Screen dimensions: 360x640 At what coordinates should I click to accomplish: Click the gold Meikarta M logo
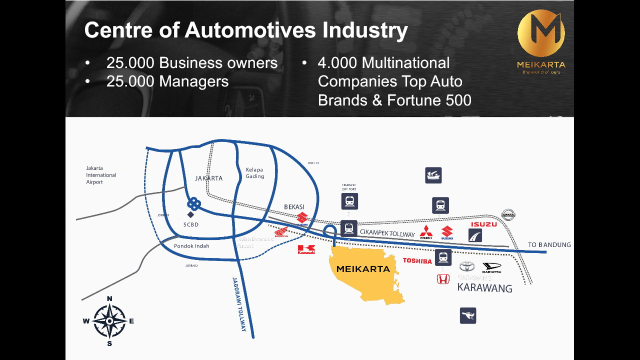coord(541,33)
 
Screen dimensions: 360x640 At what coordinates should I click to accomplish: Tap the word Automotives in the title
coord(250,30)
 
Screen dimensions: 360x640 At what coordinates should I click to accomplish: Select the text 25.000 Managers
coord(167,81)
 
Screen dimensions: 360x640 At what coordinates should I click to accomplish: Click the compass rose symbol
coord(109,321)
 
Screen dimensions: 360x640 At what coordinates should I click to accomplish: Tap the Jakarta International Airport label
coord(101,175)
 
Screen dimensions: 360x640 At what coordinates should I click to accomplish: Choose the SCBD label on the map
coord(191,224)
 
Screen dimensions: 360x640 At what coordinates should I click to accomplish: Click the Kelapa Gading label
coord(254,173)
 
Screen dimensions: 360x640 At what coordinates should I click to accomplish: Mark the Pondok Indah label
coord(191,246)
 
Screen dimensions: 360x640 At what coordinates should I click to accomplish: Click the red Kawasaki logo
coord(306,249)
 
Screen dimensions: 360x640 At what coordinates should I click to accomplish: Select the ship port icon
coord(433,175)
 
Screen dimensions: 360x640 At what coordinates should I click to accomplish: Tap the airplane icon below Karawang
coord(468,315)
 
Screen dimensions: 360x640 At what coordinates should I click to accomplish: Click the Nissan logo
coord(508,215)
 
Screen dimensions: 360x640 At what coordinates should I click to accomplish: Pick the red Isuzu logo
coord(483,224)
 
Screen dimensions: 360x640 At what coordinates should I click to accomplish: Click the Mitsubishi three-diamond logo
coord(426,231)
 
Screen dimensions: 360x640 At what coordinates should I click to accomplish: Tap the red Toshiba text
coord(417,261)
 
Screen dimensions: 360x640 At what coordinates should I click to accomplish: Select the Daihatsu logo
coord(491,268)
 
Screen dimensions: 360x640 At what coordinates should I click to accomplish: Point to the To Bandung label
coord(549,245)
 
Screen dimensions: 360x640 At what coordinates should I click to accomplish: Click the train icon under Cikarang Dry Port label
coord(349,201)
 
